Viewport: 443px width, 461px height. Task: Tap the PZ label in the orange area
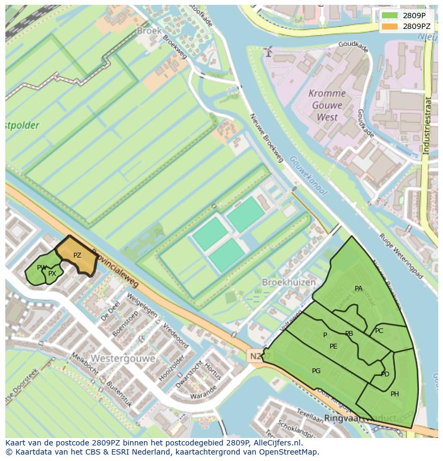[x=77, y=255]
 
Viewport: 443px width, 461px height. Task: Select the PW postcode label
[x=42, y=268]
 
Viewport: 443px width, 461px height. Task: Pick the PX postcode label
[x=52, y=274]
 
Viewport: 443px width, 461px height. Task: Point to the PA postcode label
[x=358, y=289]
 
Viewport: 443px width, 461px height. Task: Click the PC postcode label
[x=379, y=331]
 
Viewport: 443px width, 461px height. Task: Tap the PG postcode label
[x=316, y=371]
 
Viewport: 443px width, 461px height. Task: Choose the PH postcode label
[x=395, y=394]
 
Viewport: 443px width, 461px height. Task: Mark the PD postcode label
[x=385, y=374]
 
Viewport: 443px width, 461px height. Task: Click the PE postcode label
[x=333, y=346]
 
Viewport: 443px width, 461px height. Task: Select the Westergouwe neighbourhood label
[x=123, y=358]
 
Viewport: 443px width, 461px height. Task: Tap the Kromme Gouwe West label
[x=327, y=105]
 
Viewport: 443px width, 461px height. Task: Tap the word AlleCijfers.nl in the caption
[x=277, y=443]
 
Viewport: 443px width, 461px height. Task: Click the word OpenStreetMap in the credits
[x=289, y=452]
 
